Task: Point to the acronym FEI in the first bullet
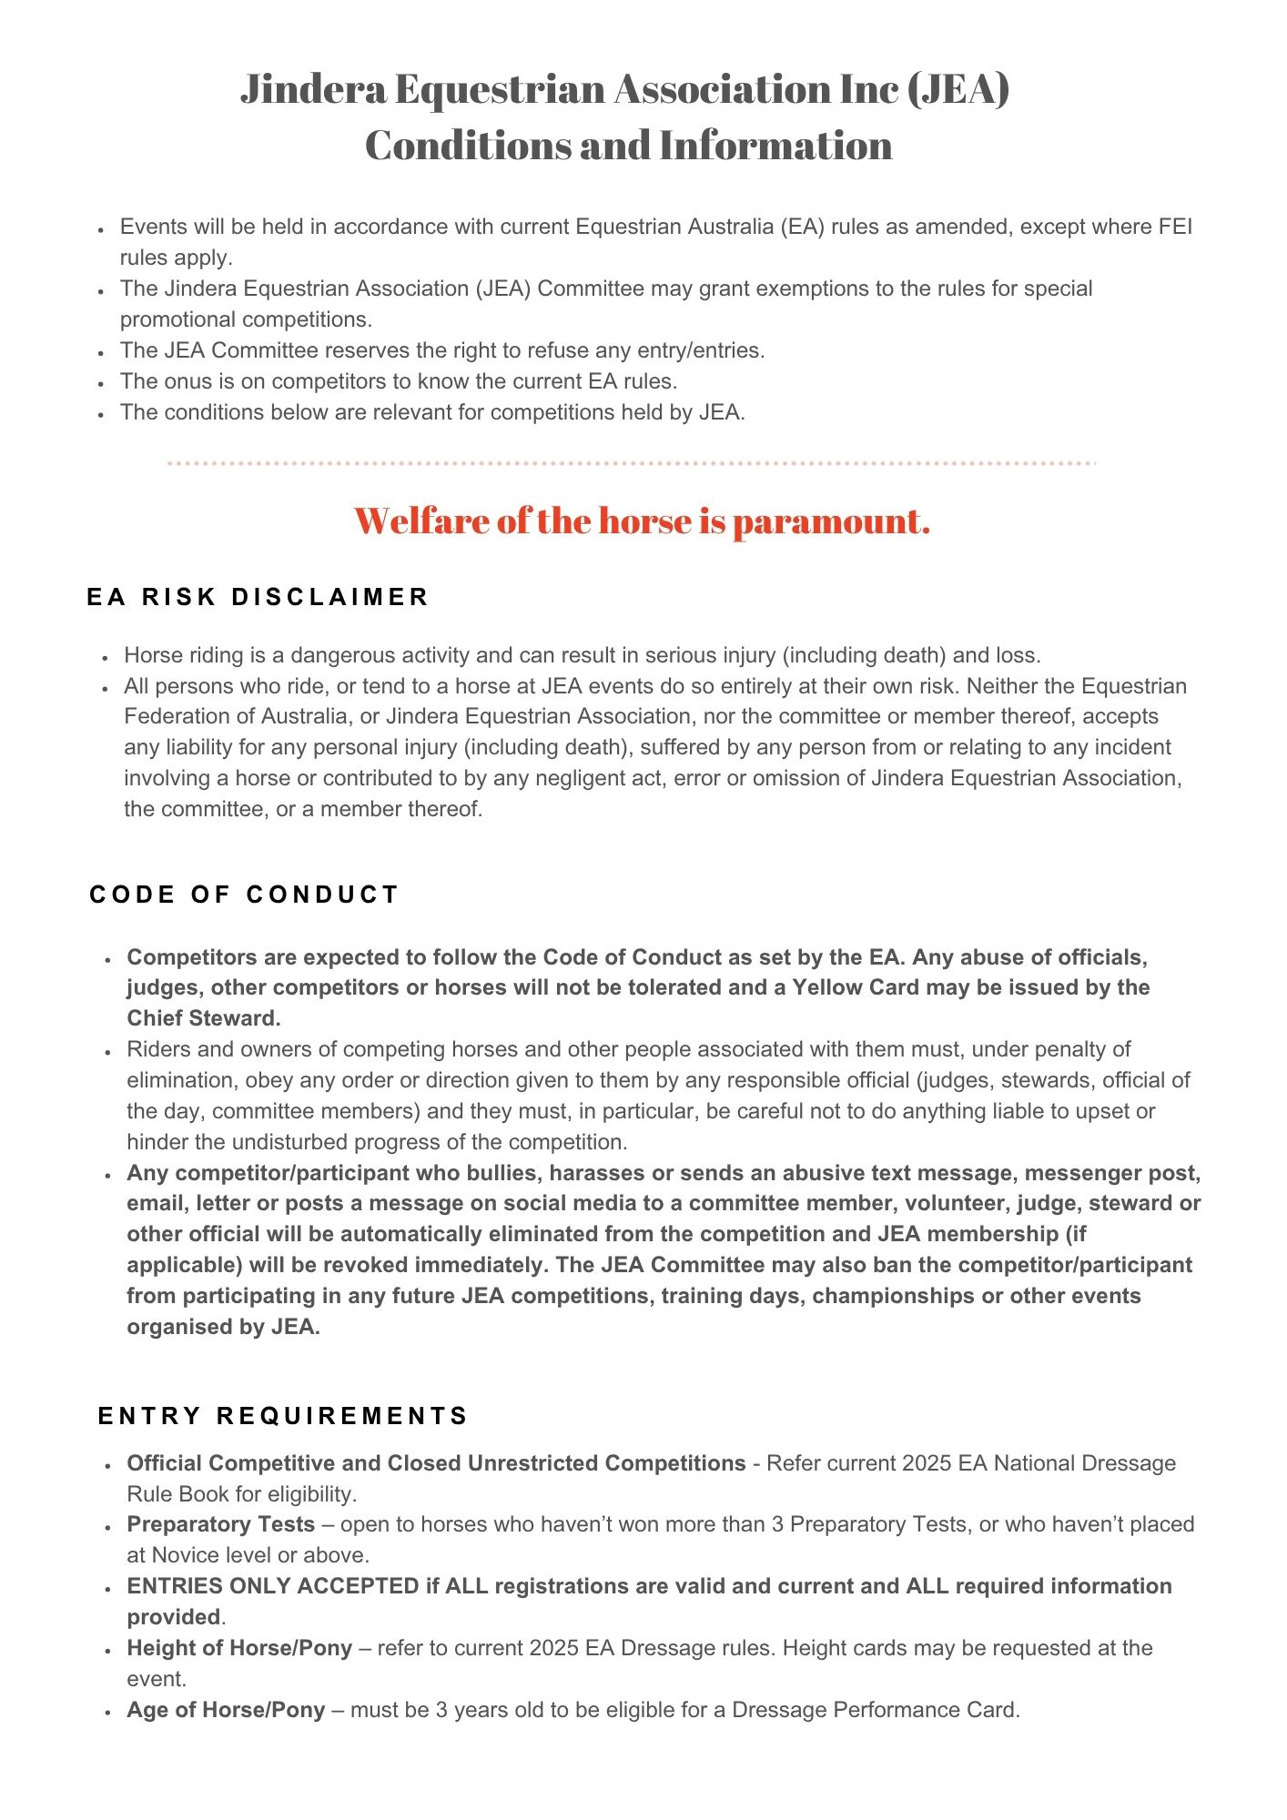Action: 1174,227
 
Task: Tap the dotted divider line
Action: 632,463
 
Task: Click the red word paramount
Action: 831,521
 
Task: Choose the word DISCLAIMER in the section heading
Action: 330,597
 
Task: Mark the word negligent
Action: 576,778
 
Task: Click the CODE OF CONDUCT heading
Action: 244,895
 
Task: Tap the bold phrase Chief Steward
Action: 203,1018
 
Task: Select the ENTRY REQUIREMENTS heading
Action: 283,1416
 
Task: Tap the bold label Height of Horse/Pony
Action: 239,1648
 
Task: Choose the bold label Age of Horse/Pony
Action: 226,1710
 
